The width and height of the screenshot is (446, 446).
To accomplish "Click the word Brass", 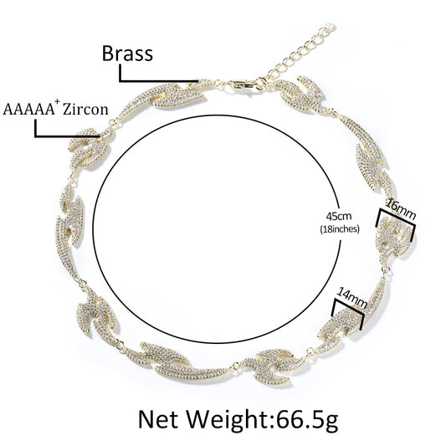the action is tap(127, 54).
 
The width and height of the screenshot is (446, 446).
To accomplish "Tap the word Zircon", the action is tap(85, 110).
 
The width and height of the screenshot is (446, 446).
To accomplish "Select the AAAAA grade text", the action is tap(28, 110).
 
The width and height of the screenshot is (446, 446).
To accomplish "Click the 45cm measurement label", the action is tap(339, 216).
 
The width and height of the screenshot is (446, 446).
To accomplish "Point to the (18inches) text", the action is tap(340, 228).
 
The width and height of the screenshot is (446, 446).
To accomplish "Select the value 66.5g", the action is tap(307, 420).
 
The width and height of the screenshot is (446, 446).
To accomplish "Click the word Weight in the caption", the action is tap(228, 420).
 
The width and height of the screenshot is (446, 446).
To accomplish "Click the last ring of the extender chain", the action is tap(330, 28).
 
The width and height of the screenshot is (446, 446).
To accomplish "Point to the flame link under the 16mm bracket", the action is tap(394, 239).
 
